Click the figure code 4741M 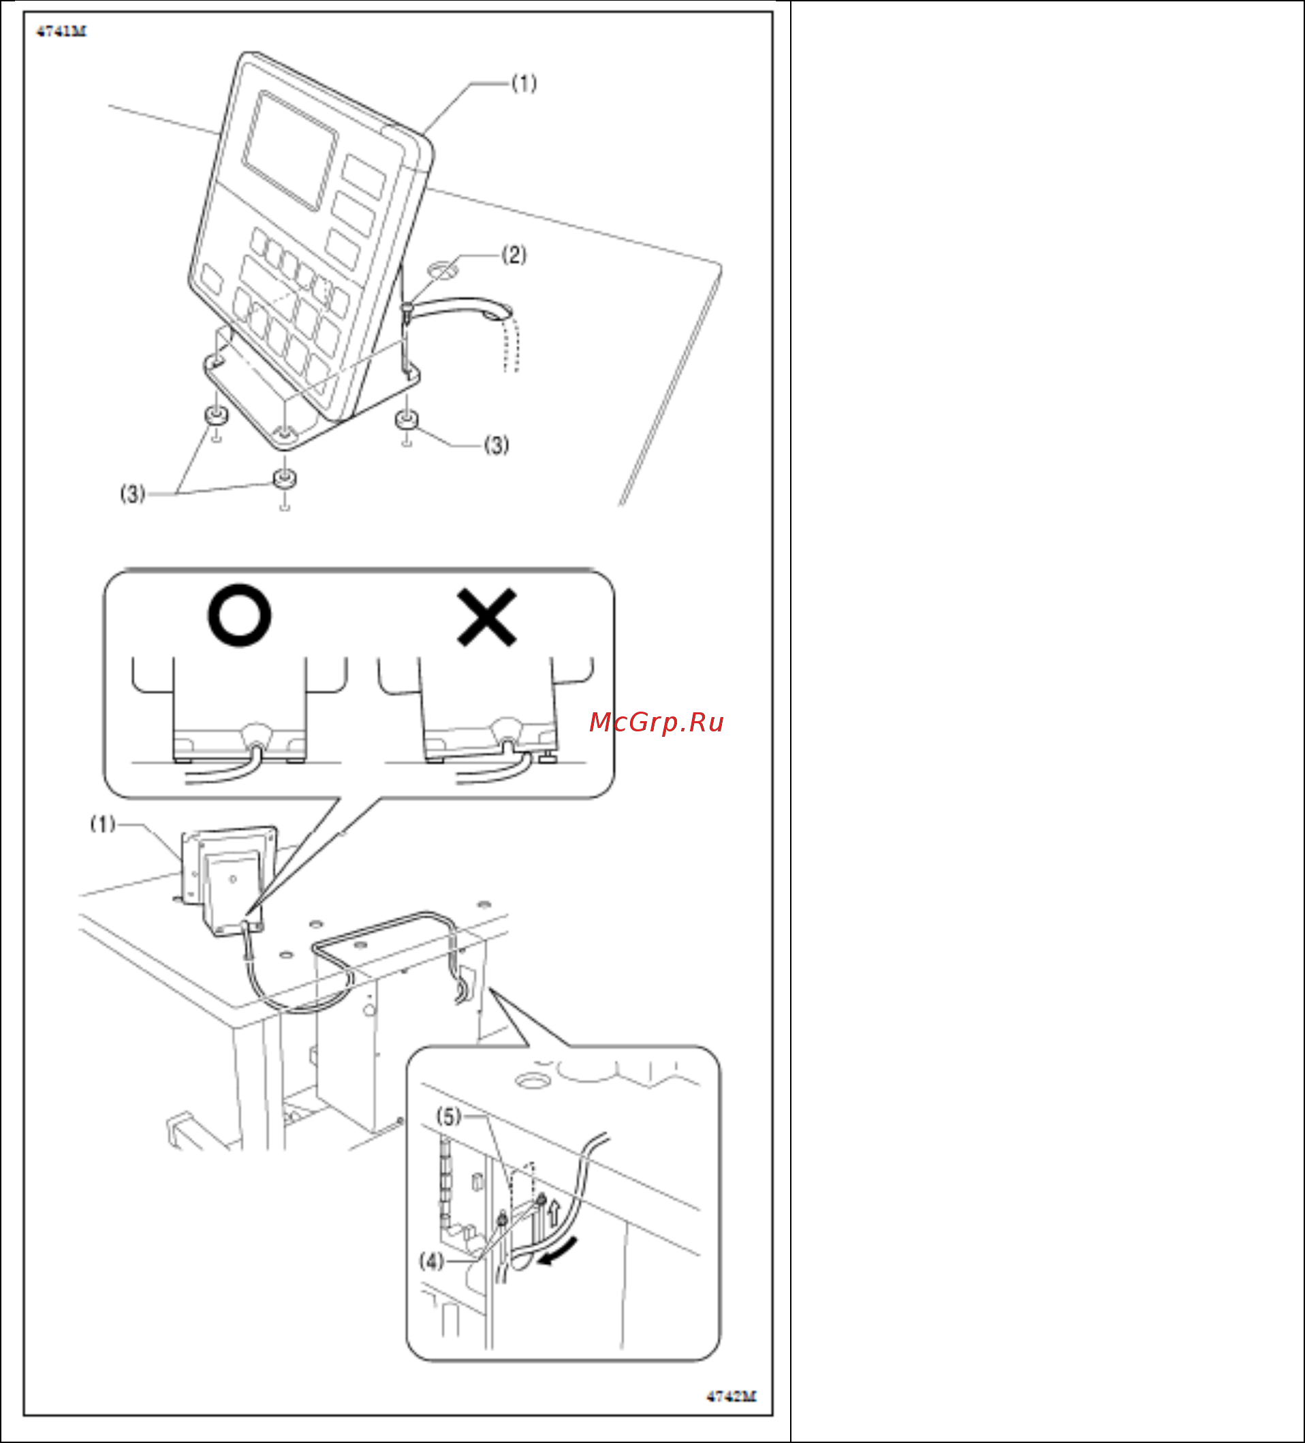(x=61, y=31)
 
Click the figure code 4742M (x=731, y=1396)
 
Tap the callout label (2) (x=514, y=255)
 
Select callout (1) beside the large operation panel (x=524, y=84)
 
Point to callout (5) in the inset (x=449, y=1116)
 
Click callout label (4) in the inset (x=432, y=1260)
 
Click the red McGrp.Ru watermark (x=657, y=723)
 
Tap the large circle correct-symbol (x=240, y=616)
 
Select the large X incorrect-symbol (x=487, y=617)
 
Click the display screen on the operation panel (x=290, y=150)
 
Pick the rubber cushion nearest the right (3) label (x=407, y=419)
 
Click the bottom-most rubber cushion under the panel (x=285, y=479)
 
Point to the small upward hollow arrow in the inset (x=552, y=1211)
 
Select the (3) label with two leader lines (x=132, y=493)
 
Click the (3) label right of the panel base (x=497, y=445)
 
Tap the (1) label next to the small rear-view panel (x=102, y=824)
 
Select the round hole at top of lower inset (x=531, y=1080)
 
